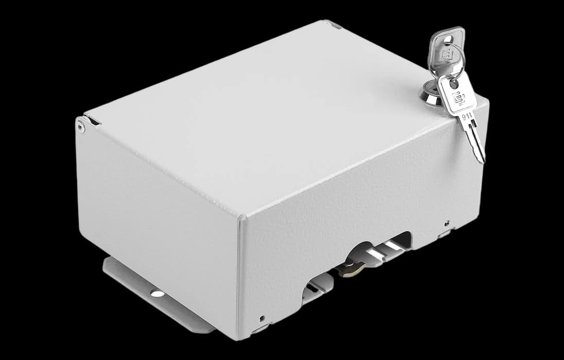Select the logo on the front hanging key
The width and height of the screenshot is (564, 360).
click(459, 98)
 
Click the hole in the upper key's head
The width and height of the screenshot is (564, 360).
click(448, 39)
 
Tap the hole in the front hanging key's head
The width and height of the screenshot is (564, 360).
click(454, 84)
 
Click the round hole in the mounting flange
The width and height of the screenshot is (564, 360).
click(157, 294)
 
